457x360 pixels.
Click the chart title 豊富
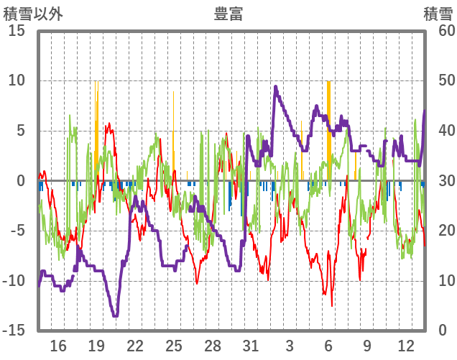click(228, 14)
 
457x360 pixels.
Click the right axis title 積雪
click(437, 14)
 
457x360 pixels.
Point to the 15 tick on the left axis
click(17, 31)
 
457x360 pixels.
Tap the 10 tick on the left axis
click(17, 80)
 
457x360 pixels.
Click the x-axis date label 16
click(58, 346)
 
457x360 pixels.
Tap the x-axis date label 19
click(96, 346)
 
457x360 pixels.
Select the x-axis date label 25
click(173, 346)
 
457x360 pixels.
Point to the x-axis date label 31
click(250, 346)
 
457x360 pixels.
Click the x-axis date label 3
click(289, 346)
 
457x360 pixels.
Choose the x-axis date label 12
click(405, 346)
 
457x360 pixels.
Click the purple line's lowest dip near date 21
click(115, 315)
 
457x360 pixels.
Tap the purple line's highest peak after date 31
click(275, 87)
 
